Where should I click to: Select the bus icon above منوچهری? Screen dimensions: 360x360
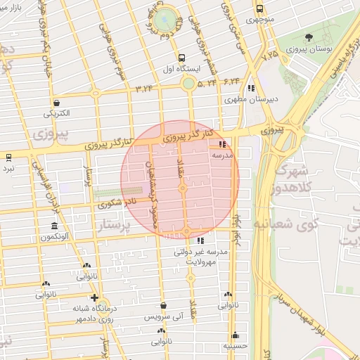coord(260,9)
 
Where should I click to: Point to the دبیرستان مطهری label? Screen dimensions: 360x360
coord(252,100)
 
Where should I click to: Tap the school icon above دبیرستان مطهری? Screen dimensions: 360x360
coord(251,88)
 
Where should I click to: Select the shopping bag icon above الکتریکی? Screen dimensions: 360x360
coord(56,103)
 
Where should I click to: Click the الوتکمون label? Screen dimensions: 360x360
coord(54,238)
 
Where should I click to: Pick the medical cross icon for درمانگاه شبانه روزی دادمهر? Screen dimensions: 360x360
coord(95,298)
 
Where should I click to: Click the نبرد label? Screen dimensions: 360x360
coord(8,169)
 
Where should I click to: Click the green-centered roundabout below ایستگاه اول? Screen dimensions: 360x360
coord(188,84)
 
